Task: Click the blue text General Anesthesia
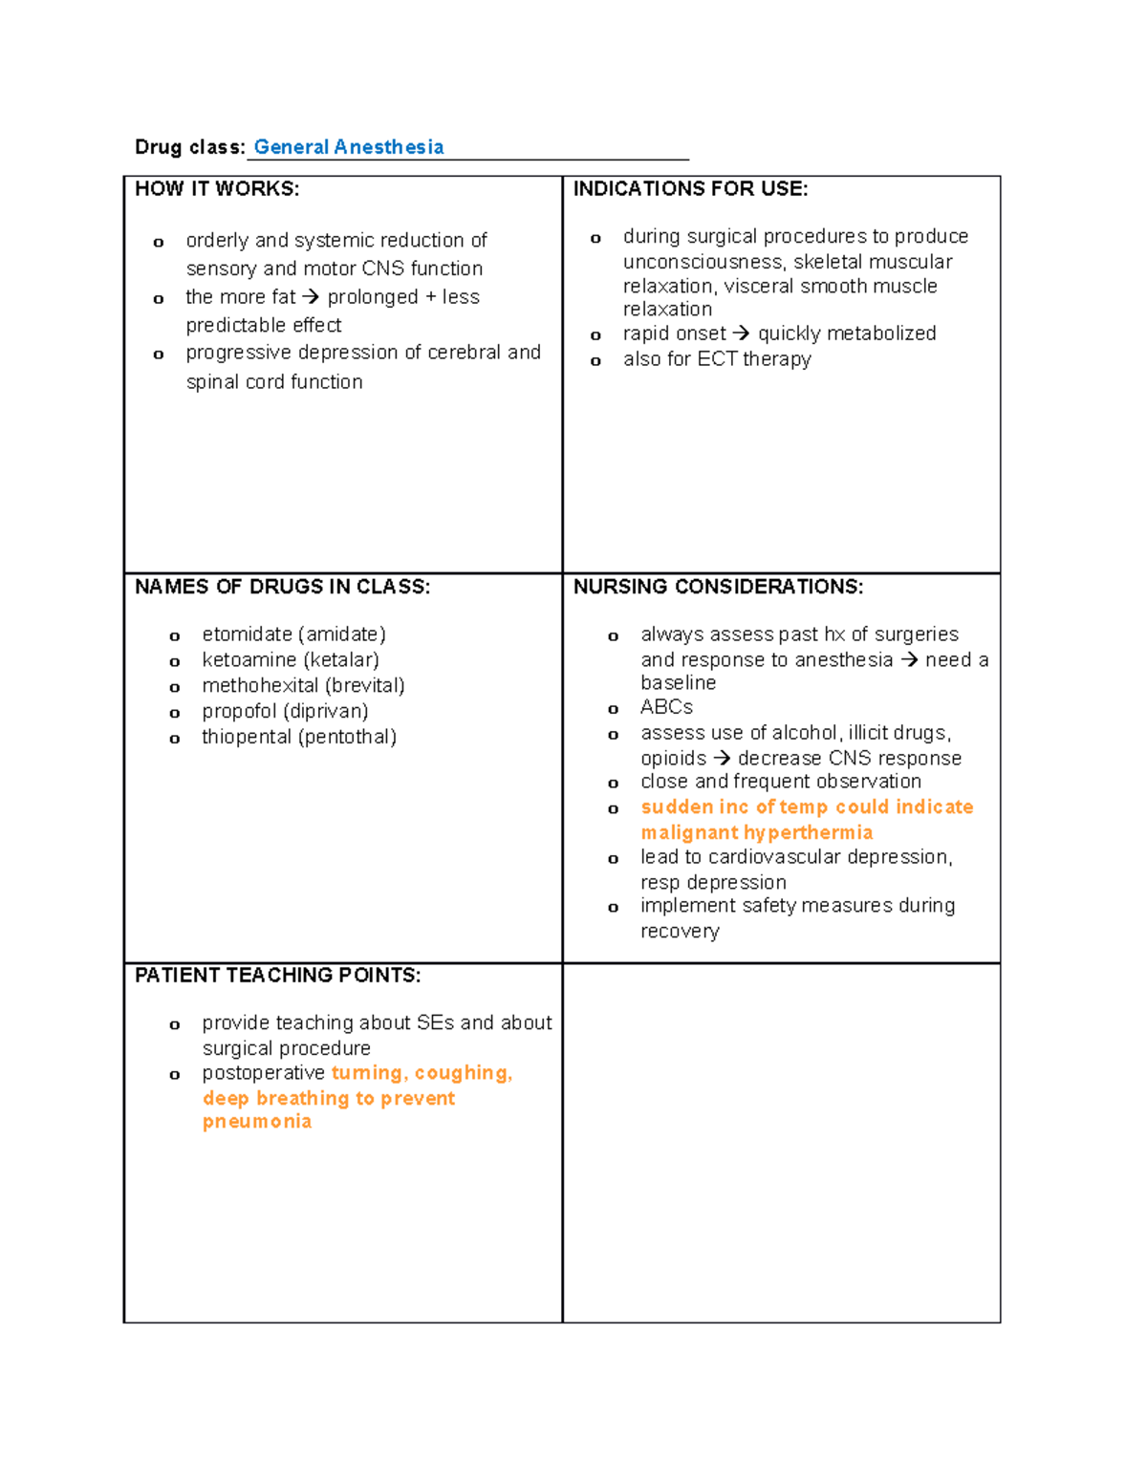[x=348, y=147]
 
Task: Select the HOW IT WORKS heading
[x=217, y=189]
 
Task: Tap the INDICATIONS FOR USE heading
[x=690, y=189]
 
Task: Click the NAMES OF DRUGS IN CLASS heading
[x=282, y=587]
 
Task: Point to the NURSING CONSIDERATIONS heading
[x=718, y=587]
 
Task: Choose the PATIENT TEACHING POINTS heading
[x=277, y=976]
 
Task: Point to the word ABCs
[x=666, y=707]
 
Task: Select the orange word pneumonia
[x=257, y=1122]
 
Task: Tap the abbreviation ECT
[x=717, y=359]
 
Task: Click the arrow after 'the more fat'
[x=311, y=297]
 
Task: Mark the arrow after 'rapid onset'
[x=742, y=333]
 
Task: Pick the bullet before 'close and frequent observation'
[x=614, y=784]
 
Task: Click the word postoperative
[x=263, y=1073]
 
